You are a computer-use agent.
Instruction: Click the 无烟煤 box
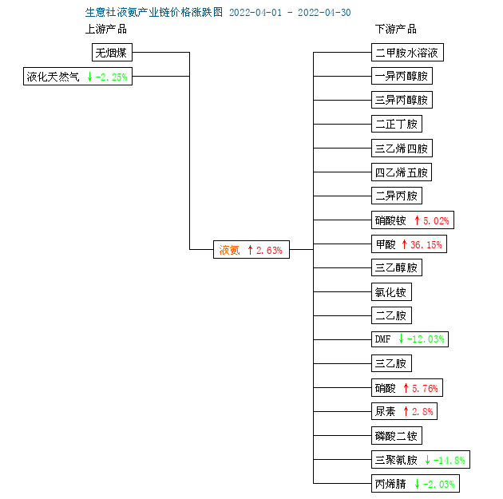112,52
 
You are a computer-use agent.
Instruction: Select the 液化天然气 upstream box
77,77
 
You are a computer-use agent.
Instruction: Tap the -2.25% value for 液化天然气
111,77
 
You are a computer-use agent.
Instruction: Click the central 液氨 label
229,250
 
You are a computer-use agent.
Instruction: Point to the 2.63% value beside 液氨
269,250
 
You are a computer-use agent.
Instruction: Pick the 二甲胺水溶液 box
407,52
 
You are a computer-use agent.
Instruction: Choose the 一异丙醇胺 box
402,76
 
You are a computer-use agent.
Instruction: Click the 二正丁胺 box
397,124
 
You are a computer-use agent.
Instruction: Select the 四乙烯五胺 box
402,172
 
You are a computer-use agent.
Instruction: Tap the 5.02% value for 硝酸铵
436,220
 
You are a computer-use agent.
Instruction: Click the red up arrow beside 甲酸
404,244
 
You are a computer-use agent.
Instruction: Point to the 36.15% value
426,245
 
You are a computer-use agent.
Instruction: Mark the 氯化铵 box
391,292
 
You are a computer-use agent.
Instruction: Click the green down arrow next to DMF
401,339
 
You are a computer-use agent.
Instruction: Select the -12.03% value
426,339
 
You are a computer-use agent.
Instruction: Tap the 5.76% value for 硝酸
425,388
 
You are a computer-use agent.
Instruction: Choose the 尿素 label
385,411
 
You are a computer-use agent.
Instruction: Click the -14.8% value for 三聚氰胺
449,461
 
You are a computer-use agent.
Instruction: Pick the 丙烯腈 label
390,484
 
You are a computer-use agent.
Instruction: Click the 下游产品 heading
396,30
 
